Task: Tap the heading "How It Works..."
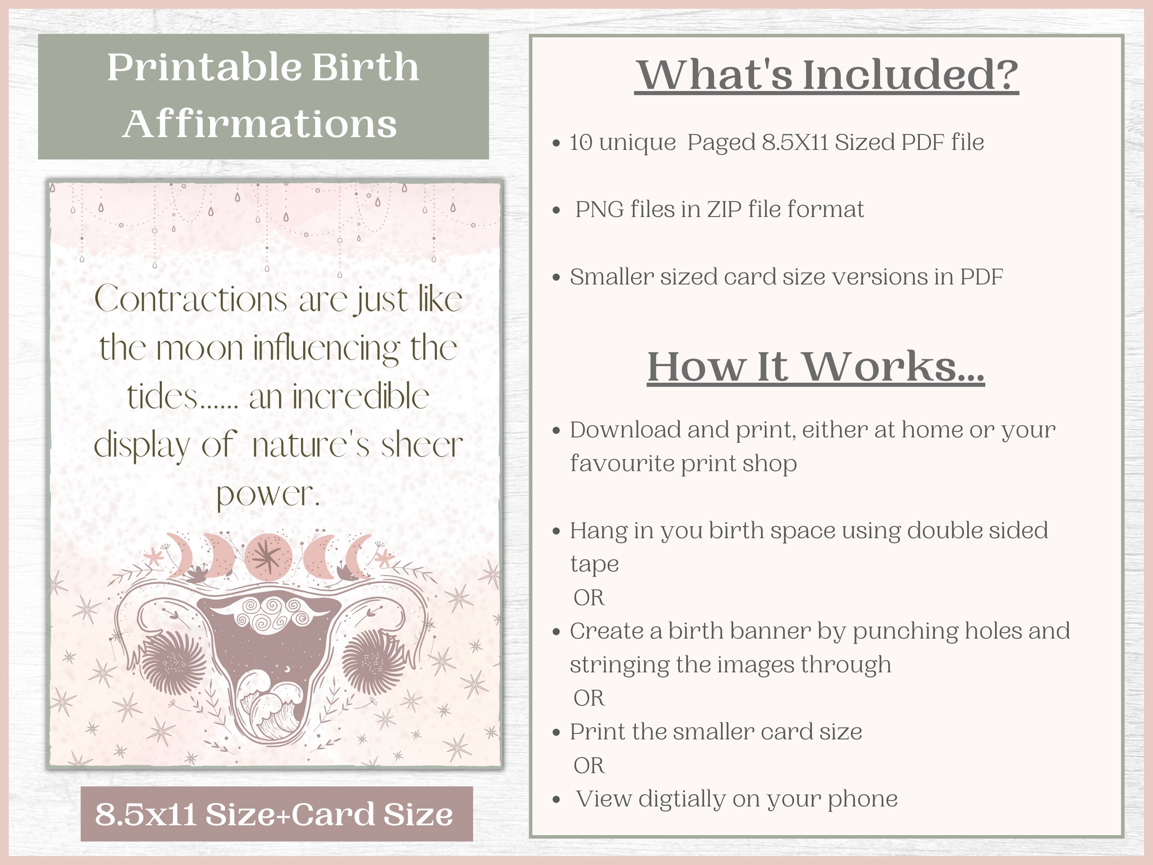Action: pyautogui.click(x=816, y=367)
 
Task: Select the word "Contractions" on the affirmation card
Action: pyautogui.click(x=191, y=300)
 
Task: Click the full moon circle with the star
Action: pyautogui.click(x=268, y=557)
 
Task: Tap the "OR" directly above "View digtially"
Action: pyautogui.click(x=589, y=765)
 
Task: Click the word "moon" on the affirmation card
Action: pyautogui.click(x=199, y=348)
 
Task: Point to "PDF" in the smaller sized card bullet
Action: pyautogui.click(x=981, y=277)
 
